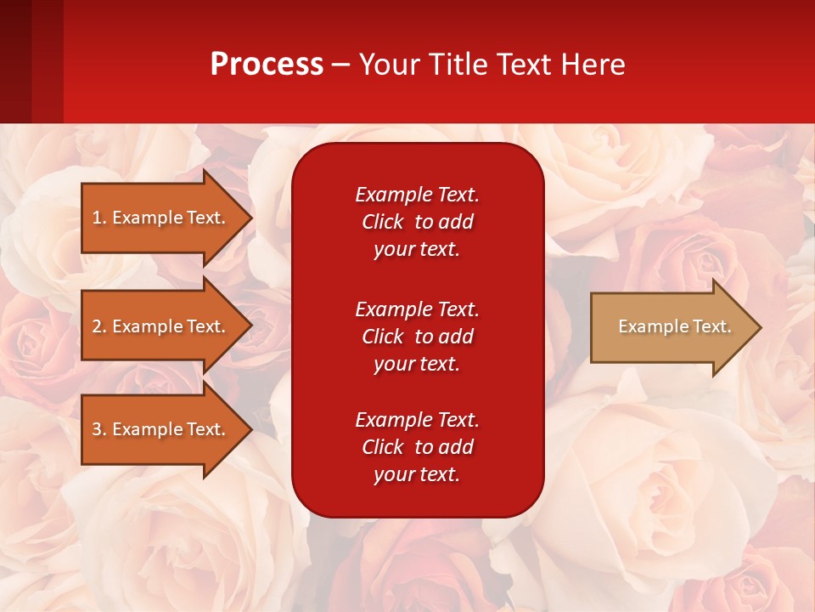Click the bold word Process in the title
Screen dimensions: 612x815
click(267, 65)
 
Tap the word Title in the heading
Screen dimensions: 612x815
click(458, 65)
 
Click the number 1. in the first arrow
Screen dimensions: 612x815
click(99, 218)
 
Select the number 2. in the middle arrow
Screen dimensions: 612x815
click(99, 326)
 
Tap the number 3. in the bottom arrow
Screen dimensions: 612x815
click(99, 429)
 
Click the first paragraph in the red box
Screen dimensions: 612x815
click(417, 222)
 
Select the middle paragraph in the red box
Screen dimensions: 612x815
click(417, 337)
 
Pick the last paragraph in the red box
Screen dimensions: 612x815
click(417, 447)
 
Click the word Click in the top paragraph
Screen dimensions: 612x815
click(383, 222)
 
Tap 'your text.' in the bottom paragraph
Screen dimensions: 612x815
click(417, 474)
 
